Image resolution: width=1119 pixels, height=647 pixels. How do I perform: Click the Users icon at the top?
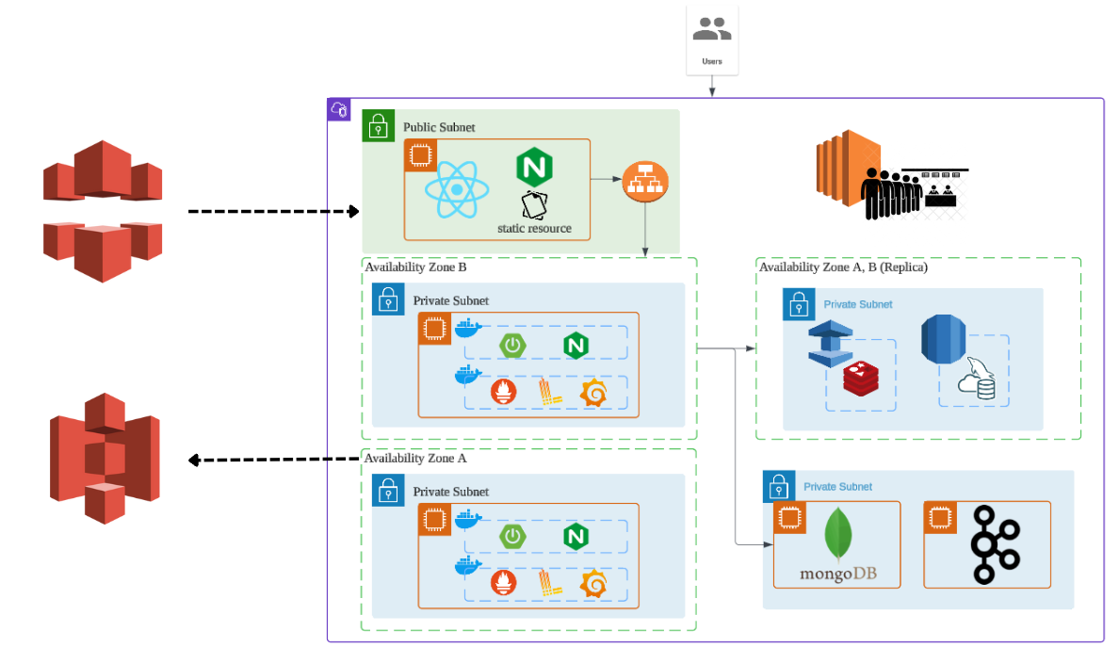pyautogui.click(x=712, y=33)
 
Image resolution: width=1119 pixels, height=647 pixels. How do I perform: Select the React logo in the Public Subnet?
pyautogui.click(x=457, y=189)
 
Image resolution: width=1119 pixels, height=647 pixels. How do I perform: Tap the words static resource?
pyautogui.click(x=534, y=228)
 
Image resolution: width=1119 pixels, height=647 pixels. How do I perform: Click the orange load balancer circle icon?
pyautogui.click(x=645, y=180)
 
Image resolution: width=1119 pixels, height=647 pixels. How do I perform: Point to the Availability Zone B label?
pyautogui.click(x=415, y=267)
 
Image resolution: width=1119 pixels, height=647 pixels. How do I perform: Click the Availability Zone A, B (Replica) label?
pyautogui.click(x=843, y=267)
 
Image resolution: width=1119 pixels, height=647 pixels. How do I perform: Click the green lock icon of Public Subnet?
pyautogui.click(x=378, y=125)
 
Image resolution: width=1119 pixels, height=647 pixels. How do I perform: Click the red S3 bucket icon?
pyautogui.click(x=105, y=458)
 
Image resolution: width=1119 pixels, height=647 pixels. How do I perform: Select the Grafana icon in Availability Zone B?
pyautogui.click(x=592, y=393)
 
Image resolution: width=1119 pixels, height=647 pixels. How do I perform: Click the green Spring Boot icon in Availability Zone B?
pyautogui.click(x=512, y=346)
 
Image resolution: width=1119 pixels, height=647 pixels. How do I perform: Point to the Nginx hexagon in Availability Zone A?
pyautogui.click(x=576, y=537)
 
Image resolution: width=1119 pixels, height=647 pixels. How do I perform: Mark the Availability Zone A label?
pyautogui.click(x=415, y=459)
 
